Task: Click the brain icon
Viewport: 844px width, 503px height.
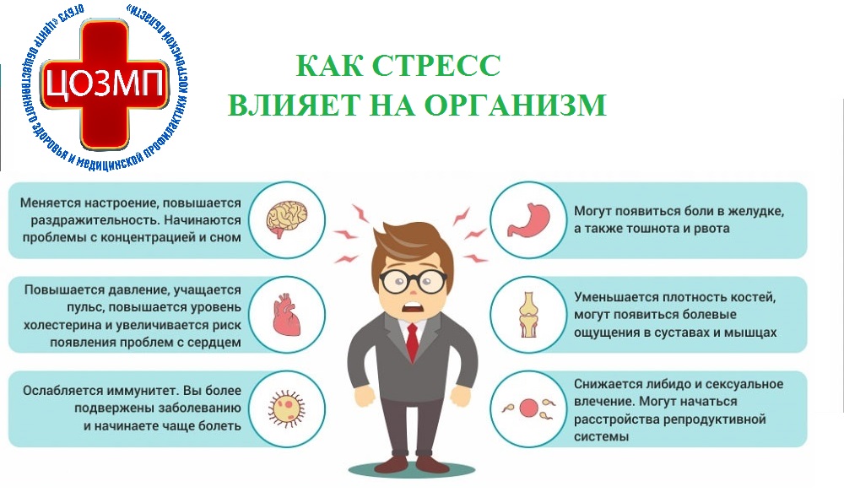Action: [x=287, y=219]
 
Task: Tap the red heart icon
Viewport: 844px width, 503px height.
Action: [x=287, y=315]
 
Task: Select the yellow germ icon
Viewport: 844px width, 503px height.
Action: [x=287, y=408]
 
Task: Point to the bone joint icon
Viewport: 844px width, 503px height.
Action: [x=528, y=315]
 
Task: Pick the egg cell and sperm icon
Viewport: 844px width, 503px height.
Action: [x=528, y=408]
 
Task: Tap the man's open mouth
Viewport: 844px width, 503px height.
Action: [x=413, y=308]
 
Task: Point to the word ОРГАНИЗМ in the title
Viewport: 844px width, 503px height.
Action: [x=515, y=105]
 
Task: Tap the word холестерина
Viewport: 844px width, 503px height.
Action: [x=59, y=326]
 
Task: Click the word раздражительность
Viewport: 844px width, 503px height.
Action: [x=95, y=220]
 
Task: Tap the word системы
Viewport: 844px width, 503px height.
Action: [x=601, y=436]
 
